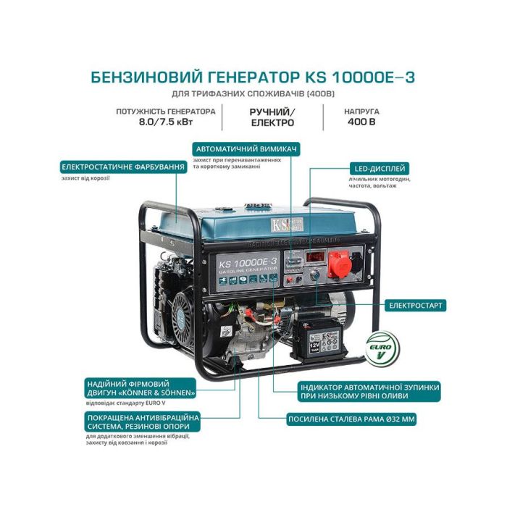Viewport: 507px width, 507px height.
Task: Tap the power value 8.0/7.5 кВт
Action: pos(166,123)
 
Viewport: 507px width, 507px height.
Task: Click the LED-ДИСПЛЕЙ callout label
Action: pos(380,167)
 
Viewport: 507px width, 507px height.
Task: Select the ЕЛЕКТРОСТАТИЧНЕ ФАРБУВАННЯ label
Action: pos(123,167)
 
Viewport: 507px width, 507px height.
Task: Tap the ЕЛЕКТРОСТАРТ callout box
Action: pos(416,305)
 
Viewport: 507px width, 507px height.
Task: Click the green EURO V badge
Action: pos(382,349)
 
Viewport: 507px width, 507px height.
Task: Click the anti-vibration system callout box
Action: pos(134,422)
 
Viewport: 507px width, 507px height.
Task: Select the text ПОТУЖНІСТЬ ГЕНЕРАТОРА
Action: pos(166,112)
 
